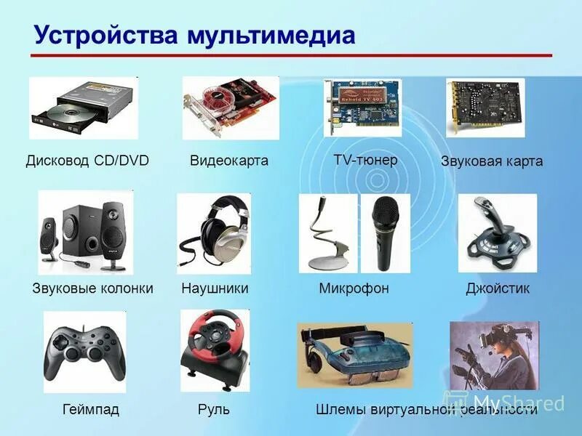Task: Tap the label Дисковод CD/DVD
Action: pyautogui.click(x=87, y=161)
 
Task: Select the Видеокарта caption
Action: pyautogui.click(x=229, y=161)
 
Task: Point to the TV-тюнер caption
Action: pyautogui.click(x=365, y=159)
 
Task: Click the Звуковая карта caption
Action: pyautogui.click(x=492, y=161)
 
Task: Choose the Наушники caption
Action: pyautogui.click(x=215, y=288)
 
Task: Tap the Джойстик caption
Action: pyautogui.click(x=498, y=288)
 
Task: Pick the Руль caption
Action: pyautogui.click(x=214, y=409)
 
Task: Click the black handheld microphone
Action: pyautogui.click(x=385, y=230)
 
